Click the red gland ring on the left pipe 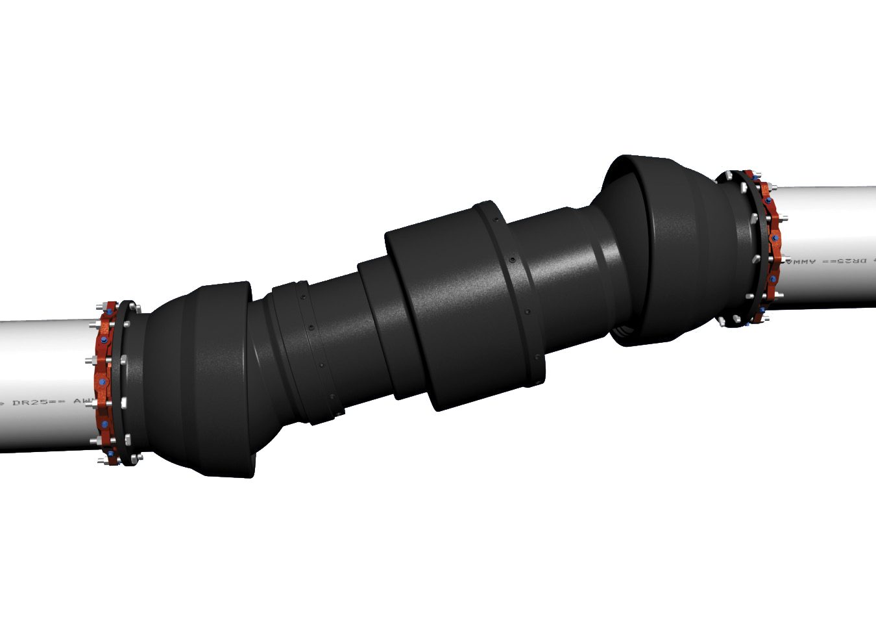[104, 383]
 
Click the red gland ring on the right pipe [771, 247]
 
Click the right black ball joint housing [675, 247]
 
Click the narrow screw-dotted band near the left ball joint [315, 354]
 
